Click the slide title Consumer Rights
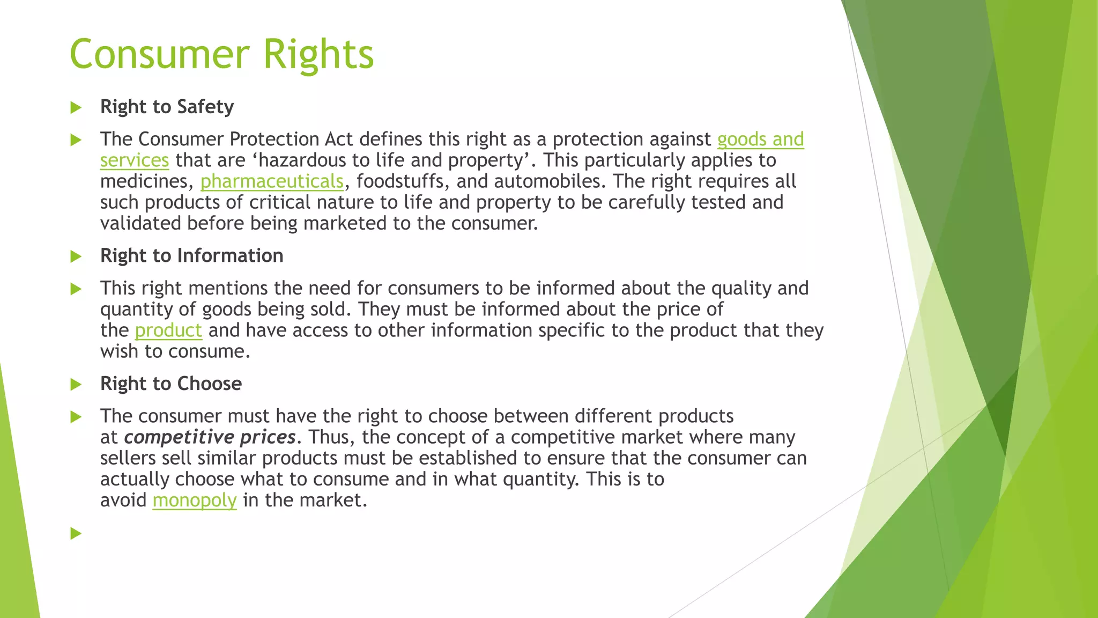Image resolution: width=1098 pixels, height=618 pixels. [221, 54]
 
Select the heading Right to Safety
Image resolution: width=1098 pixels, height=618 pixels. [167, 107]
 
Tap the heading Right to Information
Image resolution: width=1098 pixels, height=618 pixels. [191, 256]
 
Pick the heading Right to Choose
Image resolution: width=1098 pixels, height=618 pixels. [170, 384]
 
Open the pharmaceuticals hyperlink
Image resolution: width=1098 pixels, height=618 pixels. [272, 182]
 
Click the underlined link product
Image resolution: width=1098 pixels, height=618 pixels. [168, 330]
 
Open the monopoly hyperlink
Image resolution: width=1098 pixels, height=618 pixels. [194, 501]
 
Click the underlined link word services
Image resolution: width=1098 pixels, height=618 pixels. [134, 160]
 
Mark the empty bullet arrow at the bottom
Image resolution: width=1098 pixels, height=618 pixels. [76, 533]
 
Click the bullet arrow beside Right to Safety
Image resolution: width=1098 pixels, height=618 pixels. [76, 108]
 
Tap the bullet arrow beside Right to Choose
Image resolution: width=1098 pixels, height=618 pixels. [76, 385]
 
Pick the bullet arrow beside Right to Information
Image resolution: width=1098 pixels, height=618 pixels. [76, 256]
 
